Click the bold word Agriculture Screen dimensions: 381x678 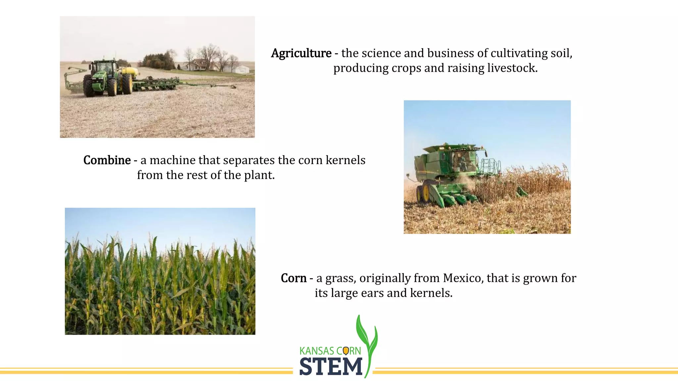click(x=301, y=53)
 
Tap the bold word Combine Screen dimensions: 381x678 click(x=107, y=160)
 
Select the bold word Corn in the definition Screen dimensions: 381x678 click(x=293, y=278)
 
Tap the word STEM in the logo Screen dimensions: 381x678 click(x=331, y=366)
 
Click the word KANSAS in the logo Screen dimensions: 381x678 click(x=316, y=351)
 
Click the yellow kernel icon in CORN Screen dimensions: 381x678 click(x=346, y=351)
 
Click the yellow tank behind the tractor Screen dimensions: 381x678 click(x=130, y=71)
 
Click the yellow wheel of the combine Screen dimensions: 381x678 click(x=426, y=193)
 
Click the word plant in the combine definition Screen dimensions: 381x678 click(x=259, y=175)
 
